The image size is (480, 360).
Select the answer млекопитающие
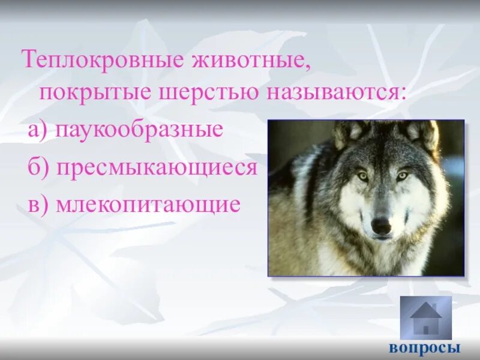point(148,205)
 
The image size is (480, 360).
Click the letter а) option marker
point(38,130)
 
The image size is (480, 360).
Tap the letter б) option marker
point(39,168)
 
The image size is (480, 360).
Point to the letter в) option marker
point(39,205)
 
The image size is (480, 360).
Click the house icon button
point(425,317)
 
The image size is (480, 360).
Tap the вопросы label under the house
point(425,348)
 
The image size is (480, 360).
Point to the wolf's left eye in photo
point(362,176)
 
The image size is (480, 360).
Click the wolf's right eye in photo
point(402,176)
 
